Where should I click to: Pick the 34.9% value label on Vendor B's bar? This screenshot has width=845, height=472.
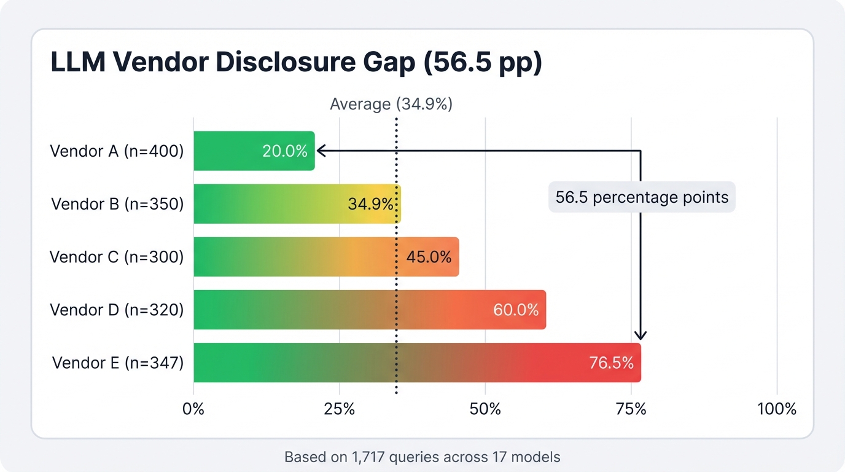370,204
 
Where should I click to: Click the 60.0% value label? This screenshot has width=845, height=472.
516,310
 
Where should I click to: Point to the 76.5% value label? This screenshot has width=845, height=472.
611,363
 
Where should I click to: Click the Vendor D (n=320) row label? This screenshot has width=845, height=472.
117,310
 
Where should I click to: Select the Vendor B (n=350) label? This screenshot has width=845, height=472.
117,204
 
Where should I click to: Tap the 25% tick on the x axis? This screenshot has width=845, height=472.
340,409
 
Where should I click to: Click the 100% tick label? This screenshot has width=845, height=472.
777,409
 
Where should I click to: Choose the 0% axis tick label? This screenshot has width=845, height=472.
193,409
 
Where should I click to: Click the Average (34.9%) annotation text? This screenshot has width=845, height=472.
391,104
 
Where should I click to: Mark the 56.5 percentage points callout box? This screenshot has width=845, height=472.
642,197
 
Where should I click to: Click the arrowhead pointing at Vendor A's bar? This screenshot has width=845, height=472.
320,150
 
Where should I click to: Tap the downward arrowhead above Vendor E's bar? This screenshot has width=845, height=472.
641,335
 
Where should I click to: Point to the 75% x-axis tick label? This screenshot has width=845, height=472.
631,409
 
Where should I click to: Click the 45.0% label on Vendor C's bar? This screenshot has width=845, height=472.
429,256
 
